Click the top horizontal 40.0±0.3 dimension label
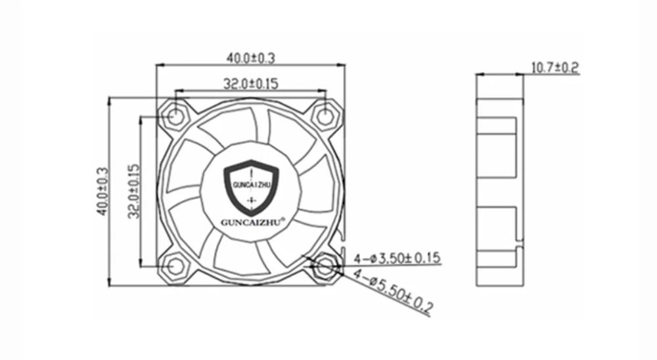coord(251,58)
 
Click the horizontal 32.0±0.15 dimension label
coord(251,83)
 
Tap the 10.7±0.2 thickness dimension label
coord(554,67)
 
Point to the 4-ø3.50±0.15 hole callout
coord(396,258)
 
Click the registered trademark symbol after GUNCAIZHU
coord(283,218)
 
